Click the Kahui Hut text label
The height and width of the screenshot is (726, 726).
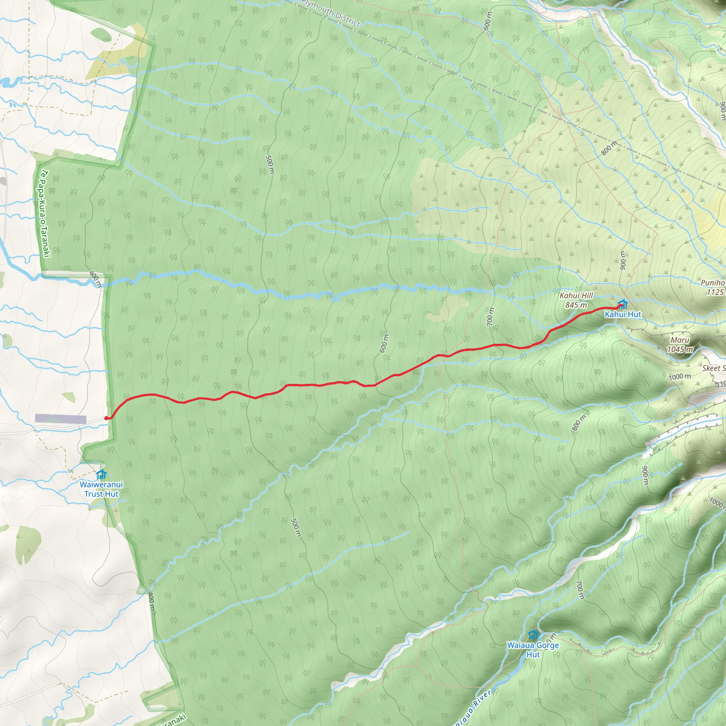coord(622,314)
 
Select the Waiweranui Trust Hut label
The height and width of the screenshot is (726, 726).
coord(101,489)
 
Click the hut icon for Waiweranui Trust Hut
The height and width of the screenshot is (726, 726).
coord(101,474)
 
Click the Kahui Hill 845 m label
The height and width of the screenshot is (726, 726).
coord(576,300)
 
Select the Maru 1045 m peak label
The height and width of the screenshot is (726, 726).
coord(680,345)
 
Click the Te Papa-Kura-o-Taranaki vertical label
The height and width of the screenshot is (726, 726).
coord(45,213)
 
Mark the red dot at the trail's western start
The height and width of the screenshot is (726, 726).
coord(106,418)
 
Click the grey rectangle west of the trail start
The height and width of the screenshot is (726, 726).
coord(61,419)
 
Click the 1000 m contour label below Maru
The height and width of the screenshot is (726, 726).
coord(680,376)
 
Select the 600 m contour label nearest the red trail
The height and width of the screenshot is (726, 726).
coord(384,343)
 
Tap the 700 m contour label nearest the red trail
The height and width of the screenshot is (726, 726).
coord(490,317)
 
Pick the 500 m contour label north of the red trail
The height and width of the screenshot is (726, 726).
coord(269,164)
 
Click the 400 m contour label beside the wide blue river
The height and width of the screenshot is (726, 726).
coord(95,279)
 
